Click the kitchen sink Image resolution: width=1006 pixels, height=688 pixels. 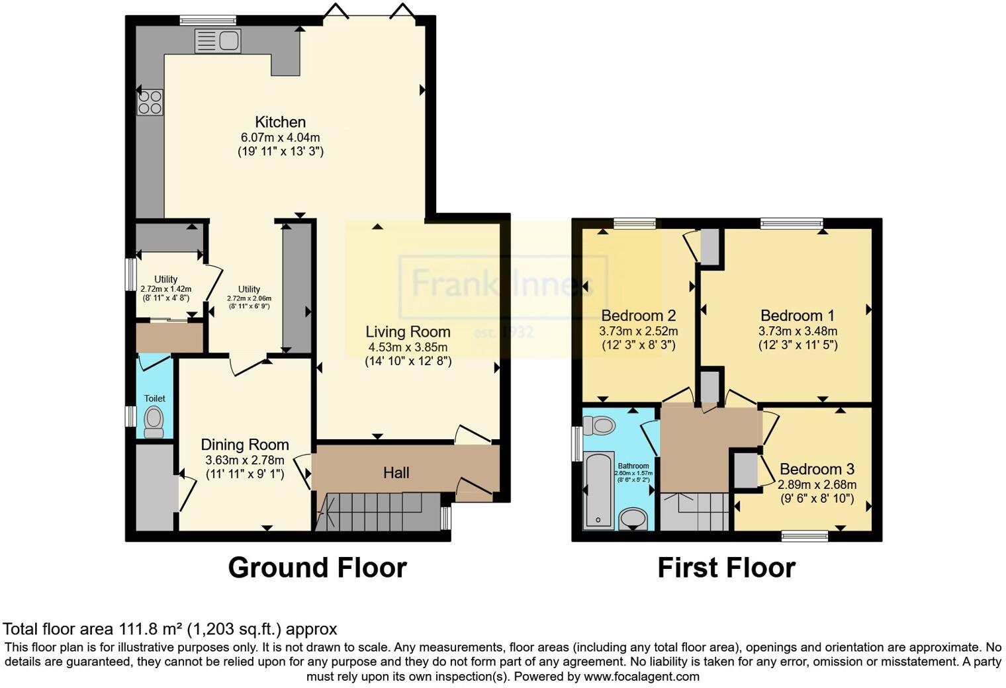tap(218, 41)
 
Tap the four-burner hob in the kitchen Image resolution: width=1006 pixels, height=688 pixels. tap(150, 103)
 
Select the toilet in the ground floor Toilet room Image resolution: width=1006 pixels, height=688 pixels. tap(154, 421)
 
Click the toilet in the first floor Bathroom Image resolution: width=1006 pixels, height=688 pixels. tap(600, 424)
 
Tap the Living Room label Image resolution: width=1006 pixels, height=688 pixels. tap(408, 332)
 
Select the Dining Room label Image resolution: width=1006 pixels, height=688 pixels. tap(245, 445)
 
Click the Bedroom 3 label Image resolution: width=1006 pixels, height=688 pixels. tap(817, 469)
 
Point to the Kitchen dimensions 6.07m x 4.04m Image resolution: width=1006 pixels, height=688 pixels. tap(281, 138)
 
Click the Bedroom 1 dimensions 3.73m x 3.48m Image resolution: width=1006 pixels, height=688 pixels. tap(798, 331)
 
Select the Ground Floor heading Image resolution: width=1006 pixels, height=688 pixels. tap(317, 568)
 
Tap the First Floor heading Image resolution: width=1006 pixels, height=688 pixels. tap(726, 568)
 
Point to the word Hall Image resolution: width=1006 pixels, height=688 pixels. tap(396, 472)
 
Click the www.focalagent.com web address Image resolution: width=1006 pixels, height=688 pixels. tap(641, 676)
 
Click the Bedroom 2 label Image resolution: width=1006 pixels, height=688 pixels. tap(638, 315)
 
